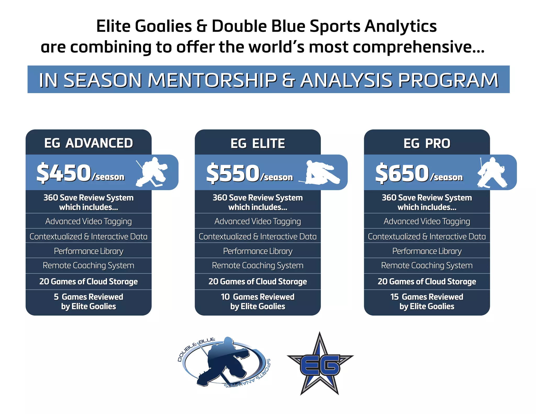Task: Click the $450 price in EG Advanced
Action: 64,173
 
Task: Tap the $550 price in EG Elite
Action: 233,173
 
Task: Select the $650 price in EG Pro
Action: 402,173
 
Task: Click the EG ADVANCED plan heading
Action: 88,143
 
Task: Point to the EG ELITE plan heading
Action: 258,143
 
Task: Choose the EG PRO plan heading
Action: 427,143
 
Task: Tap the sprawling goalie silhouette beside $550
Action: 321,173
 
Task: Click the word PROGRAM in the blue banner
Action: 448,80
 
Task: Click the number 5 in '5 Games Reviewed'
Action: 56,297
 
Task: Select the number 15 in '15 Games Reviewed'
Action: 394,297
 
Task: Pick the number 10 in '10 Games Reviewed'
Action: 225,297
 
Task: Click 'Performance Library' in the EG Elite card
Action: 258,251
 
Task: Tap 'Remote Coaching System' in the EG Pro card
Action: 427,265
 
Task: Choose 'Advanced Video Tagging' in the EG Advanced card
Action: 88,221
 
